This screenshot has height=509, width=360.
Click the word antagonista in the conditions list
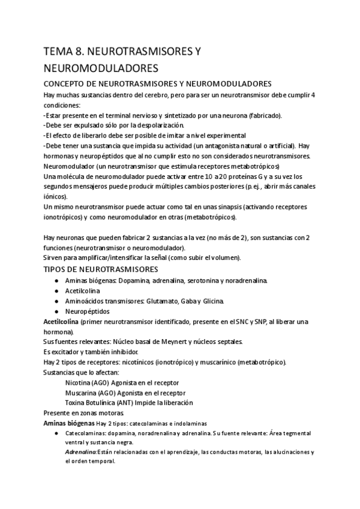[x=214, y=146]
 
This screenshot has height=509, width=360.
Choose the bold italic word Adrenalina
[x=81, y=452]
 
